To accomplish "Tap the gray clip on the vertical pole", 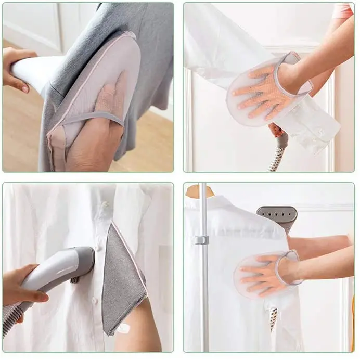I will (x=202, y=240).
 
